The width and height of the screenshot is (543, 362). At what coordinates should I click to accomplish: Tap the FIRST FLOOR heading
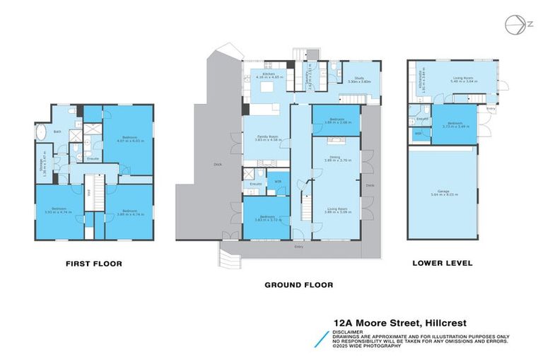93,264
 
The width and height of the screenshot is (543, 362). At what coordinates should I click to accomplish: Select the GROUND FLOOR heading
298,285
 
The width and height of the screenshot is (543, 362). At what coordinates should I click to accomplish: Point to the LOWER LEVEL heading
443,264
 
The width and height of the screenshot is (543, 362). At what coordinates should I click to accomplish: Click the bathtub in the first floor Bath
40,132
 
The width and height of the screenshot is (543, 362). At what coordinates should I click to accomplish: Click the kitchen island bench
269,88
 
